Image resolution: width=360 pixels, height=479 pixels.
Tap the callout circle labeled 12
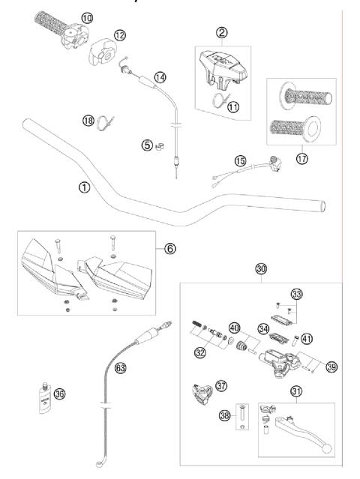click(x=120, y=34)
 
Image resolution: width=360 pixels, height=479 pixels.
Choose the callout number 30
click(x=260, y=268)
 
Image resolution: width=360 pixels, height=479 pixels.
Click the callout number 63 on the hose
click(x=119, y=367)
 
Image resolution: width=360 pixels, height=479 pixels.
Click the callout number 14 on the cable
click(x=160, y=76)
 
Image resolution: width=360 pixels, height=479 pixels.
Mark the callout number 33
click(x=296, y=294)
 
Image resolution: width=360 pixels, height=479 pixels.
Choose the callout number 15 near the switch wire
click(x=240, y=160)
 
